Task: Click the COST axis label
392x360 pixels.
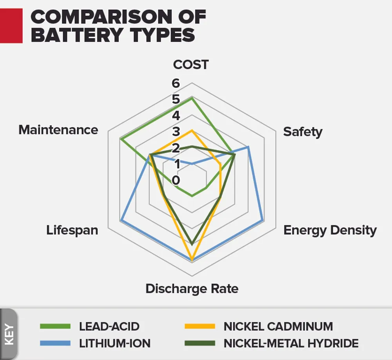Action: coord(191,65)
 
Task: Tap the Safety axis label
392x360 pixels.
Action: coord(303,132)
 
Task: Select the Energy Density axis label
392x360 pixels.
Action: coord(330,230)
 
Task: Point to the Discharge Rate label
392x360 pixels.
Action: coord(192,289)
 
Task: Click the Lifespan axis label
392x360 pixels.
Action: coord(72,230)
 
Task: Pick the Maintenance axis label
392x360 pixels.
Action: coord(58,130)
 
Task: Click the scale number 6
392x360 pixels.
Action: coord(175,83)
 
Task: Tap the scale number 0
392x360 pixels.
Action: coord(175,181)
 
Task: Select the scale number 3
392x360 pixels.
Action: coord(175,132)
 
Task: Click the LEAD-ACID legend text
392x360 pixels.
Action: coord(109,326)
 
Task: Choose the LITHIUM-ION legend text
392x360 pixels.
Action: coord(114,344)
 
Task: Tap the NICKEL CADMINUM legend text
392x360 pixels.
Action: coord(278,326)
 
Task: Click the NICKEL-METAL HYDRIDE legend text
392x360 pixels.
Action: coord(291,344)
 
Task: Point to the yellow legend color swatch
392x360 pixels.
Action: coord(200,326)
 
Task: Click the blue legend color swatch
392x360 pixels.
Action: coord(55,344)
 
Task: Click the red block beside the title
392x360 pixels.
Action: coord(11,25)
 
